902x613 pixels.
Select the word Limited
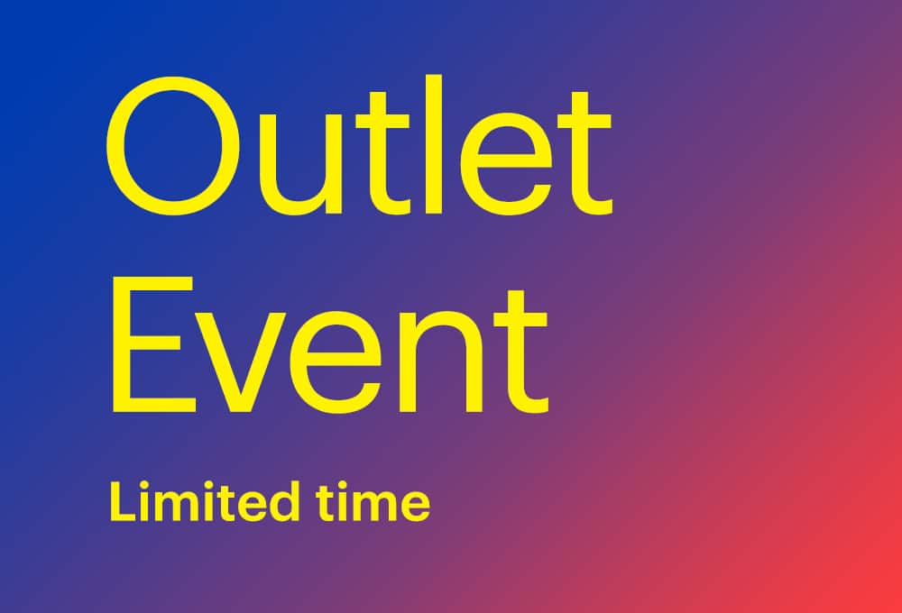tap(204, 501)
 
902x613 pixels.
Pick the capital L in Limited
tap(121, 501)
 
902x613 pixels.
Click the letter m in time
tap(373, 506)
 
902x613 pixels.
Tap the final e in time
tap(414, 506)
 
